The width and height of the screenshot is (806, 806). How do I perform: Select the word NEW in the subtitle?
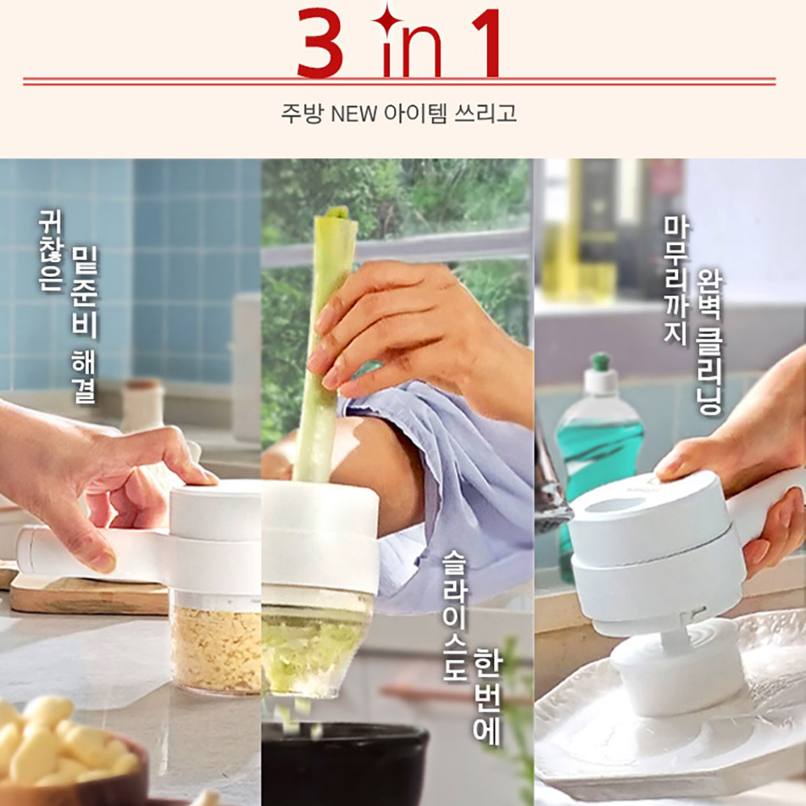pos(354,114)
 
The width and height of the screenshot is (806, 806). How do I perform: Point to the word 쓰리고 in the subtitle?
pos(486,113)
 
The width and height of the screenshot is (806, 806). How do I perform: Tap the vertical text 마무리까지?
pos(675,280)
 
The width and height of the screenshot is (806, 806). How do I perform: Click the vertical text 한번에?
pos(486,696)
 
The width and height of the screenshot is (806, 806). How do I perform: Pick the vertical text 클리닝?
pos(708,367)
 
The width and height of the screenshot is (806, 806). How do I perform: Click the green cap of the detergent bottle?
pos(600,362)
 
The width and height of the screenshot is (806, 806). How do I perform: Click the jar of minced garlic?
pos(216,642)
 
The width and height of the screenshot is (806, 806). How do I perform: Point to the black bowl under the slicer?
pos(343,761)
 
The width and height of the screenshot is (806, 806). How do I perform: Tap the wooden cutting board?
pos(87,594)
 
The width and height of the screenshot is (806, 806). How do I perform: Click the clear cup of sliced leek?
pos(314,642)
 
